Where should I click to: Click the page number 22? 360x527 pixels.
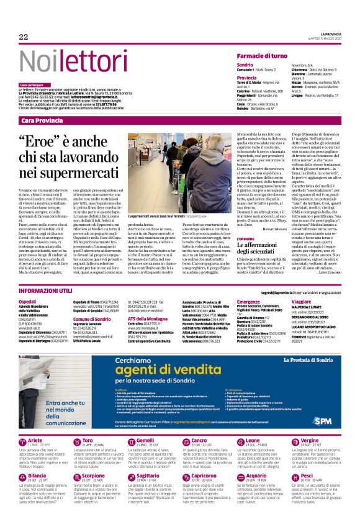pyautogui.click(x=24, y=37)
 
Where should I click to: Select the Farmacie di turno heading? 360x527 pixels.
pyautogui.click(x=261, y=56)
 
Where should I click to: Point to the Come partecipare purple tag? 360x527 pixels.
pyautogui.click(x=31, y=84)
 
